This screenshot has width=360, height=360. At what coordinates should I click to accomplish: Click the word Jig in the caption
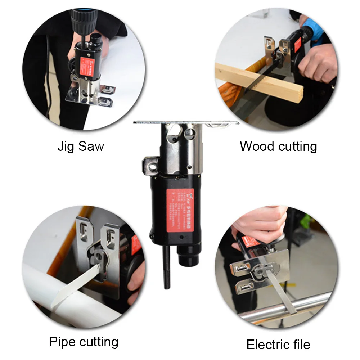pos(66,147)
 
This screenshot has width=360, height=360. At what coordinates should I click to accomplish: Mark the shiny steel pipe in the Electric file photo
pos(288,306)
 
